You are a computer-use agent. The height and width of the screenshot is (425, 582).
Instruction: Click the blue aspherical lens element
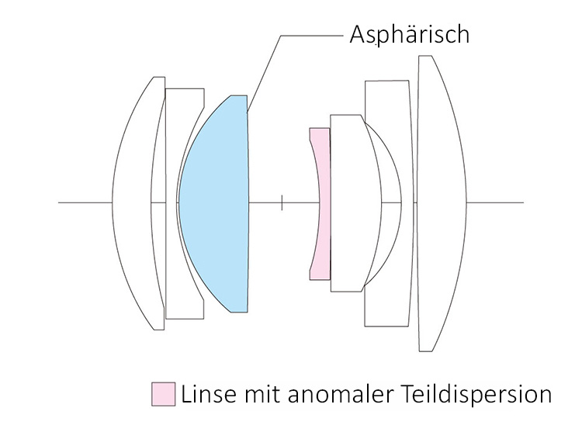tap(213, 203)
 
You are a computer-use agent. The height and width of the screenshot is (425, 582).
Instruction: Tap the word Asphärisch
tap(410, 35)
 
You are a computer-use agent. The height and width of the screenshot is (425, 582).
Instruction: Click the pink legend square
tap(162, 393)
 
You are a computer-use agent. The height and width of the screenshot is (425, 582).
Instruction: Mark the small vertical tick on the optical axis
tap(282, 203)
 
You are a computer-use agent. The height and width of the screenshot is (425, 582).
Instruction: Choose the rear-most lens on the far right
tap(442, 203)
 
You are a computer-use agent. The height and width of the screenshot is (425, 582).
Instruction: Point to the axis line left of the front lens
tap(85, 203)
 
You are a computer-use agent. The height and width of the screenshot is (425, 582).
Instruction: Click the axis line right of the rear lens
tap(497, 203)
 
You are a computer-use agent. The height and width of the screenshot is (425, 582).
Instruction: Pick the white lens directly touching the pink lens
tap(349, 203)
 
